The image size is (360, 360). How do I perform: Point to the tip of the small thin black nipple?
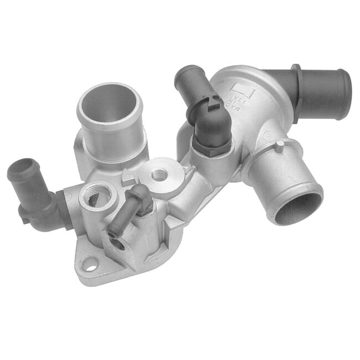tap(142, 191)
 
